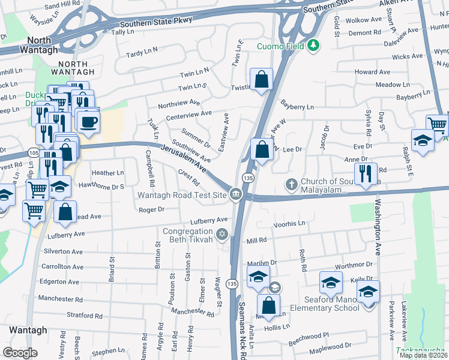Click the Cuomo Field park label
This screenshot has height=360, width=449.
[281, 46]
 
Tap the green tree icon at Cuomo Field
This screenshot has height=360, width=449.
[313, 46]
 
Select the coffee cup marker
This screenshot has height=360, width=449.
[89, 123]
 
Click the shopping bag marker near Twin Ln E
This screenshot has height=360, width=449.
[262, 79]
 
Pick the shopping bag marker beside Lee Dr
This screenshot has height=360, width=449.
[262, 149]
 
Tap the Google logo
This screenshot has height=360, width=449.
[20, 353]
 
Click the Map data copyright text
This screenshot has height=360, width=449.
[423, 355]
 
